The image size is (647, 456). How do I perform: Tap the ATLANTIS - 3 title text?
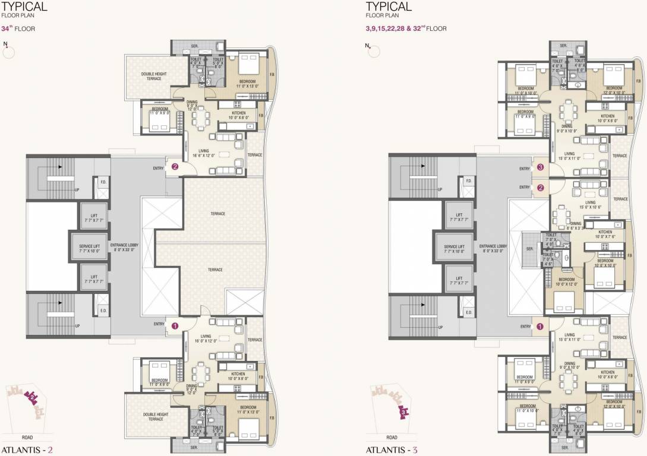392,446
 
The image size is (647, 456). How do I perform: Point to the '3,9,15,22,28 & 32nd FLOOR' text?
406,28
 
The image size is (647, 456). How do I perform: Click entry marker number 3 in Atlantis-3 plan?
540,167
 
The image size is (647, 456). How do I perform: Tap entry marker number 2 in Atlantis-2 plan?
175,167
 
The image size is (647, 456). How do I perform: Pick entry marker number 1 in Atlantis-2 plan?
175,325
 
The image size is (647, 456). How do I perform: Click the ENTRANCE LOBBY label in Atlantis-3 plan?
493,248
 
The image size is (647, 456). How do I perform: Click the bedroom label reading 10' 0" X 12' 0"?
566,281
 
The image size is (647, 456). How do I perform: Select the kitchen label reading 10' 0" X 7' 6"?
605,235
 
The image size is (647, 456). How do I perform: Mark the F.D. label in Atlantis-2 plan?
102,181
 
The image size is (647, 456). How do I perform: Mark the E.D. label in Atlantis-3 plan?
468,313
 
